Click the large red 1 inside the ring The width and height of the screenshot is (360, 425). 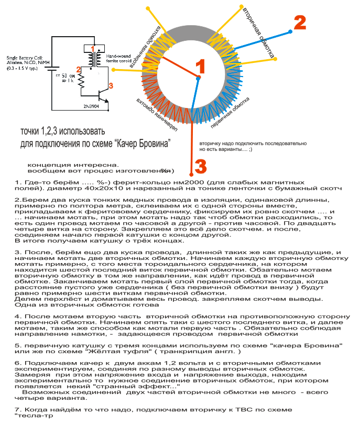pyautogui.click(x=200, y=67)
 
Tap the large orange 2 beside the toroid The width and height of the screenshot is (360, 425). pyautogui.click(x=299, y=23)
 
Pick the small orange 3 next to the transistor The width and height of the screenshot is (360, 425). pyautogui.click(x=110, y=84)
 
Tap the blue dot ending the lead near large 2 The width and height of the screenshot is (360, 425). pyautogui.click(x=290, y=32)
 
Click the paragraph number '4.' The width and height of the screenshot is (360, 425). pyautogui.click(x=18, y=317)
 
